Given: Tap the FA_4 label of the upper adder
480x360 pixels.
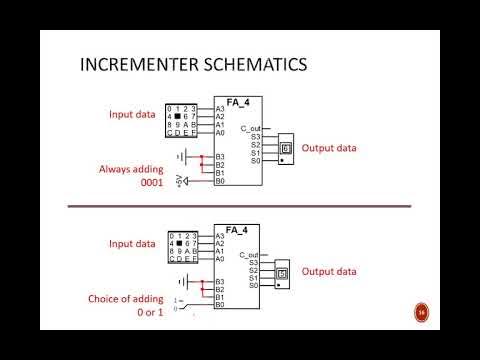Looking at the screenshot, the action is coord(238,101).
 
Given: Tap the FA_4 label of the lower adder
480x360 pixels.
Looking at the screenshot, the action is coord(238,229).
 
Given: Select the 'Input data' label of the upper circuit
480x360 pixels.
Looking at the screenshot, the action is coord(133,115).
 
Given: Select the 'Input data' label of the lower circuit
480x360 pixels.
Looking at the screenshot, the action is coord(133,243).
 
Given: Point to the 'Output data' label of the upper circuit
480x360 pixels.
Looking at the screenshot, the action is coord(330,147).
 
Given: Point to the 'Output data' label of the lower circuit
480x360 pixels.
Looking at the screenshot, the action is coord(330,271).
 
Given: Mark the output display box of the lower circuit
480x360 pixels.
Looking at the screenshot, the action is coord(282,272).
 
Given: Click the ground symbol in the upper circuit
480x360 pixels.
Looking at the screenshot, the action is coord(181,156).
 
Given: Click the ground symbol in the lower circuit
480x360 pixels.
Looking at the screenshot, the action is coord(181,284).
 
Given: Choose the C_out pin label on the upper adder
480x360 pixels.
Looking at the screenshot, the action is coord(251,129).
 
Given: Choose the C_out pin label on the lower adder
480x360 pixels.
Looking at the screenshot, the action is coord(251,256).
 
